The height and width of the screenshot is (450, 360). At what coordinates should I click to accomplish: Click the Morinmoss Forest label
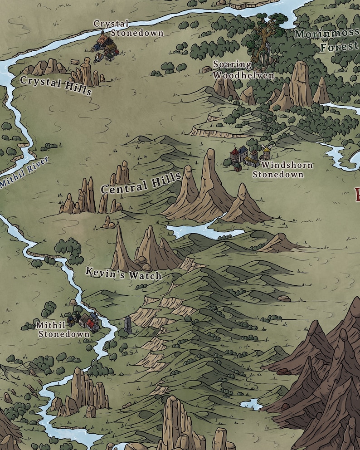click(x=327, y=40)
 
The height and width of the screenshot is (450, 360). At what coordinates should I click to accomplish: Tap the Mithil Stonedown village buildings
click(x=85, y=322)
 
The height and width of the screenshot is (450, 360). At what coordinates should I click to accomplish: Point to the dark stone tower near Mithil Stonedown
click(x=129, y=325)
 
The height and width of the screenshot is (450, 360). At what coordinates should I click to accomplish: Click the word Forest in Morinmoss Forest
click(x=340, y=47)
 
